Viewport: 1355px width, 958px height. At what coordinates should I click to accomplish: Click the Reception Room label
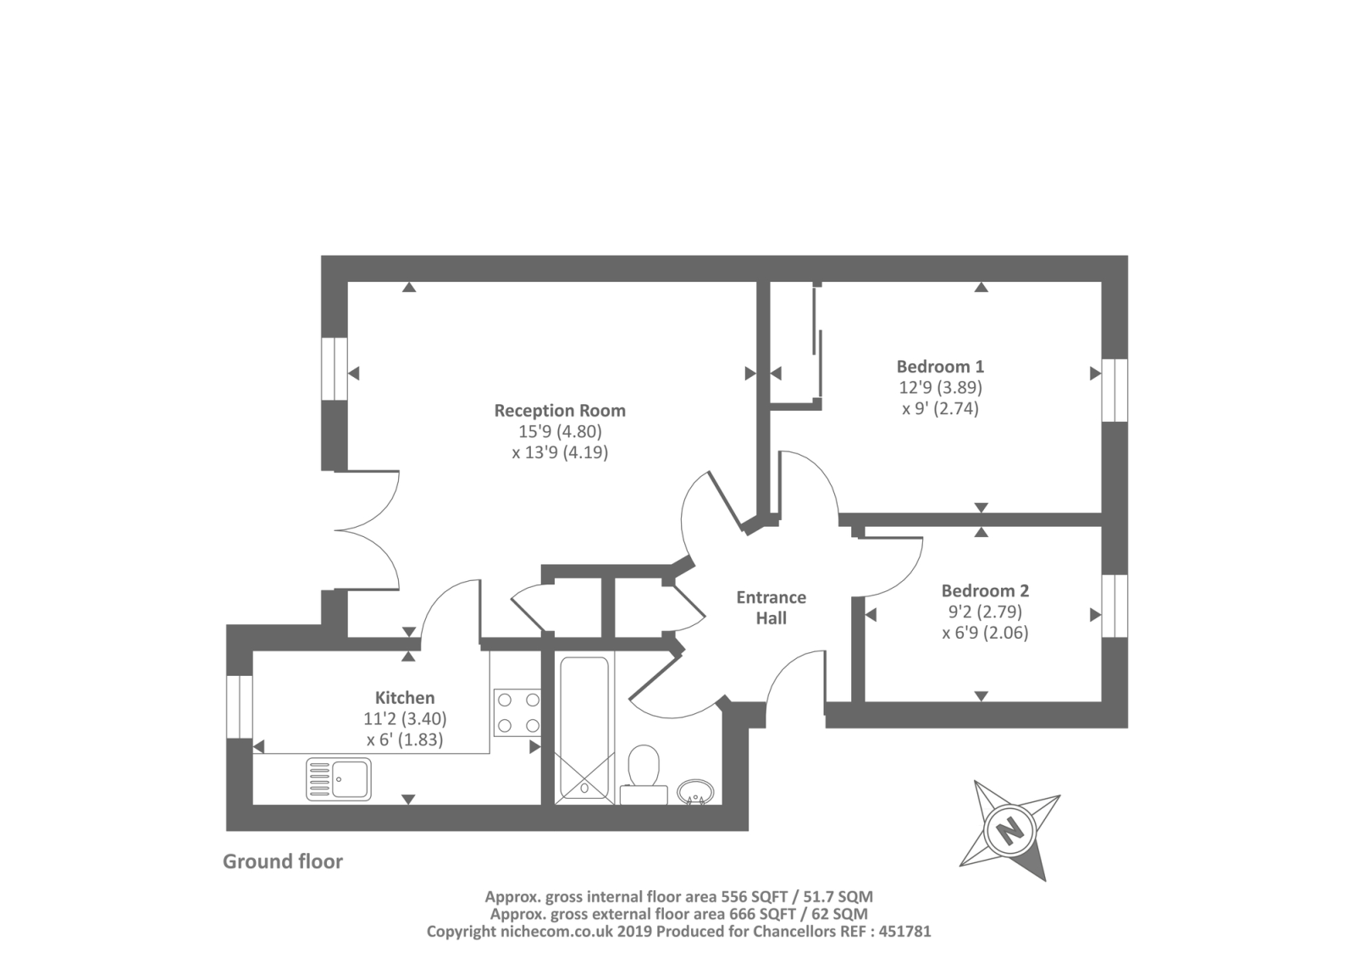560,411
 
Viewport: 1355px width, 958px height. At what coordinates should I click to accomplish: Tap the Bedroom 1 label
940,367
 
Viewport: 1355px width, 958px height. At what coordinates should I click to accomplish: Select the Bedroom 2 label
985,590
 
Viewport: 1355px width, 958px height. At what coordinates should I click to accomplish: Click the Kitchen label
405,698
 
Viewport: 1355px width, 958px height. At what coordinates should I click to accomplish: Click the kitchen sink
339,779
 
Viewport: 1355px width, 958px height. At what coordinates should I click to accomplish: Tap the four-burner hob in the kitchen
517,712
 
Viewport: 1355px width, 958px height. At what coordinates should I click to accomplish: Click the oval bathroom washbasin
696,793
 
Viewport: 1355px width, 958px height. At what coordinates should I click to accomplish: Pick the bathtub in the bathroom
583,728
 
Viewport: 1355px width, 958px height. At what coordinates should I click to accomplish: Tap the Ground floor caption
283,861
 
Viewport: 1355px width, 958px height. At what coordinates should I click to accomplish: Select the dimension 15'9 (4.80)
560,431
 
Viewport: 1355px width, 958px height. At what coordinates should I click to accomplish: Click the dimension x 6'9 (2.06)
985,633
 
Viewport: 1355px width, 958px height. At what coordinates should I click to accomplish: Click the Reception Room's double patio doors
368,530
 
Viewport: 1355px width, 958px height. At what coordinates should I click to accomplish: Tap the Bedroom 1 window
1114,390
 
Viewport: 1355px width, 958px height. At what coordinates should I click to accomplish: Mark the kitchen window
240,706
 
